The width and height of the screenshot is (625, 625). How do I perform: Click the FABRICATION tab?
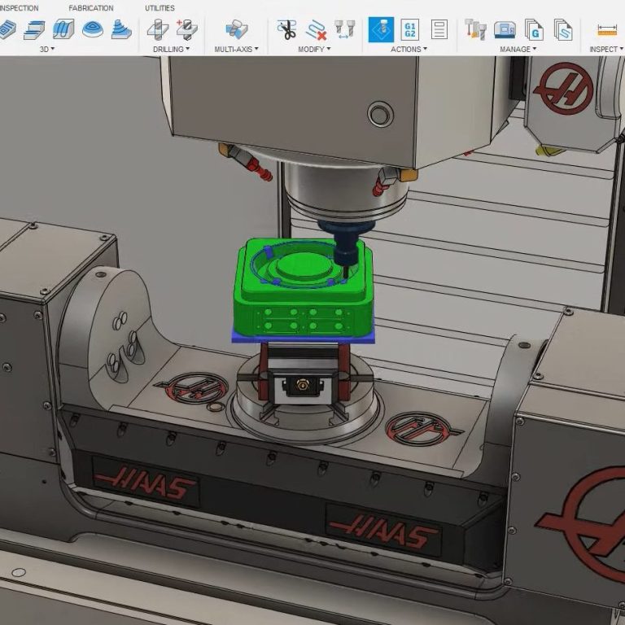pos(91,8)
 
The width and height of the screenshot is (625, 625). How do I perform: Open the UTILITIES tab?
pos(160,8)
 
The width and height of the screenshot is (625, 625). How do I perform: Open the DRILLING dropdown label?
pos(171,49)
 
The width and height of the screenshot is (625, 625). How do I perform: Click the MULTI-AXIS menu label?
pos(236,49)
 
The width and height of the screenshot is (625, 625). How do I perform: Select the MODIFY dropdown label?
pos(314,49)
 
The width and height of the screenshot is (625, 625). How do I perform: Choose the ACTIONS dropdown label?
pos(409,49)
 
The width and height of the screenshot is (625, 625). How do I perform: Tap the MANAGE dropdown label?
pos(518,49)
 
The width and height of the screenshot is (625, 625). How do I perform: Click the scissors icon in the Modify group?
pos(286,29)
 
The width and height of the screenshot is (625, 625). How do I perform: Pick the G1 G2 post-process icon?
pos(410,30)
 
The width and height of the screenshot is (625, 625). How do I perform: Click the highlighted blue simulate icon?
pos(381,29)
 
